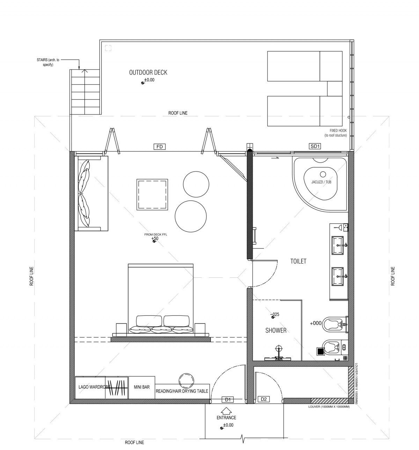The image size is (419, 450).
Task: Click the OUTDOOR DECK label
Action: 148,73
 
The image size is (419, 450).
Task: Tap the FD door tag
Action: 160,147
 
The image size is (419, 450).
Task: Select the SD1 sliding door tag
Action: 315,146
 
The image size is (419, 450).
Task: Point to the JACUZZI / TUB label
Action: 321,182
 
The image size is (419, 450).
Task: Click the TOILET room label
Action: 298,261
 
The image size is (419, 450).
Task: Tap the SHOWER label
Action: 276,331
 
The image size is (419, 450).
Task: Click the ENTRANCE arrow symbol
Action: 226,411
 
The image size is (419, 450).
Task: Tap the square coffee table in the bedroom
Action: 152,195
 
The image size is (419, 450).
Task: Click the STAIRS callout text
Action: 48,62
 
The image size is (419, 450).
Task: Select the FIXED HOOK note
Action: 336,133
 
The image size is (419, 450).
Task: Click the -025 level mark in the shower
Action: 275,314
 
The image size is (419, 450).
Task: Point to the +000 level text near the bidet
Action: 316,323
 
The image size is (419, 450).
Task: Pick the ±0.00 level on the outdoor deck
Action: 149,80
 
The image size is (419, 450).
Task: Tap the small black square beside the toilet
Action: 321,351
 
